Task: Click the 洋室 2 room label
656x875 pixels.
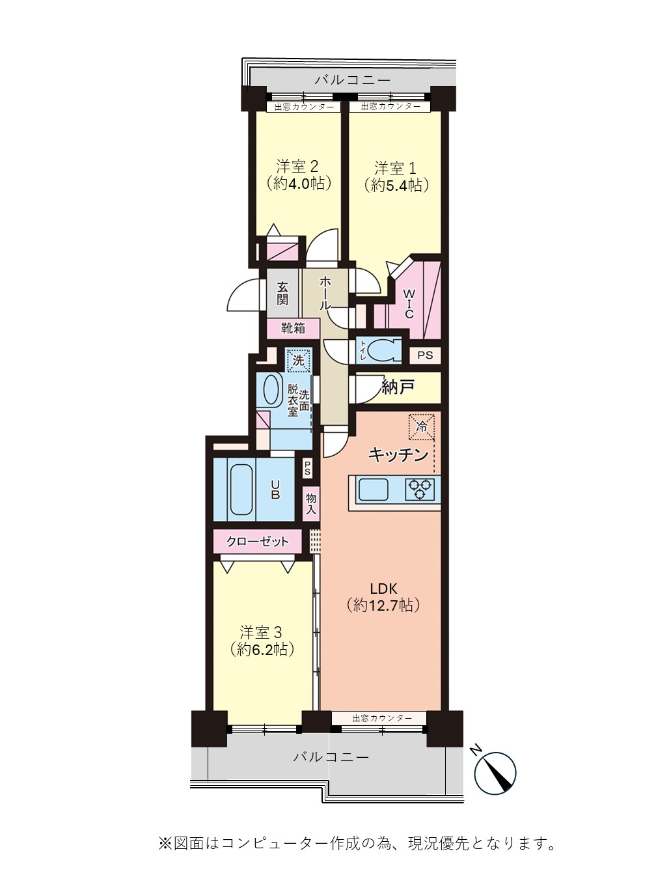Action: (297, 166)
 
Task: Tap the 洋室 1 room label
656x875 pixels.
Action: (395, 168)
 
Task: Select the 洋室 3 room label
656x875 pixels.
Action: (261, 632)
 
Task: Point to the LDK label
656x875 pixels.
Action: (383, 589)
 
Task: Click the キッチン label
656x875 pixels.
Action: (398, 454)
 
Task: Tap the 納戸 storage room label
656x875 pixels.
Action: (398, 386)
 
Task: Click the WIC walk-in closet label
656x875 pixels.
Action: (409, 304)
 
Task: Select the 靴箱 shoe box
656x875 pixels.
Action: (293, 328)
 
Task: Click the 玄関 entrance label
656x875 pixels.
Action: (282, 294)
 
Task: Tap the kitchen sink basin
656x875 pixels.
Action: (373, 489)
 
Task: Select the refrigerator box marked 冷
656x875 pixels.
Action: (422, 427)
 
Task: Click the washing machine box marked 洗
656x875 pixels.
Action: (298, 361)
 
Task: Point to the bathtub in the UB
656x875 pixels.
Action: (241, 490)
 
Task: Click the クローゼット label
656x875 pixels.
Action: (257, 542)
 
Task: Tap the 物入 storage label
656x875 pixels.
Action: (311, 503)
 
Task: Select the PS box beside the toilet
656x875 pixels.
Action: (425, 354)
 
